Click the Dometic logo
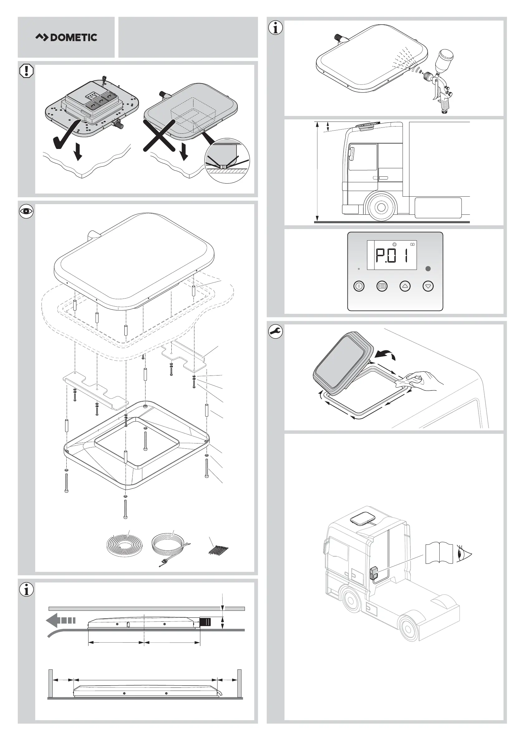pyautogui.click(x=66, y=37)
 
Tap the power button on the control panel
pyautogui.click(x=359, y=286)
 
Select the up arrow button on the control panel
pyautogui.click(x=405, y=286)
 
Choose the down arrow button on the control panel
pyautogui.click(x=428, y=286)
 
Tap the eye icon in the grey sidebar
pyautogui.click(x=26, y=212)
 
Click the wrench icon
pyautogui.click(x=275, y=332)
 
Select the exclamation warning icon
pyautogui.click(x=26, y=71)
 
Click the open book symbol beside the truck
pyautogui.click(x=439, y=553)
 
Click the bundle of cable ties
pyautogui.click(x=219, y=550)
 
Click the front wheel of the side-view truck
pyautogui.click(x=381, y=207)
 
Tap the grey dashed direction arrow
pyautogui.click(x=61, y=620)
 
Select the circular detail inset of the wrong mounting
pyautogui.click(x=227, y=161)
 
